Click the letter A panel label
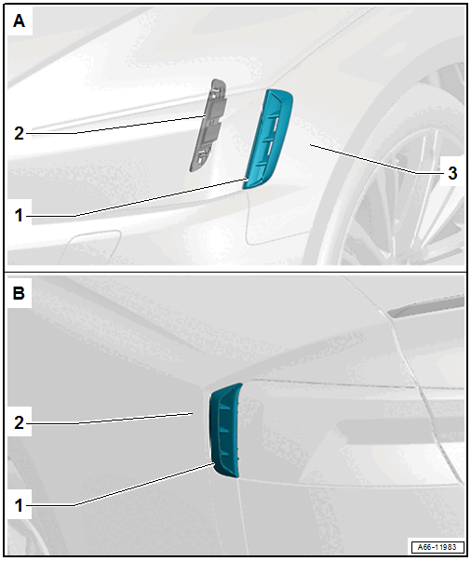click(19, 20)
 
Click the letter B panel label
click(19, 293)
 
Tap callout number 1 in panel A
click(19, 216)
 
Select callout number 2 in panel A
click(19, 133)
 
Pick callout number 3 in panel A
click(452, 173)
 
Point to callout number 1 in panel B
click(19, 505)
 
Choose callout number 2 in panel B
click(19, 423)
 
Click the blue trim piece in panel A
click(268, 140)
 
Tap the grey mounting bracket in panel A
click(208, 126)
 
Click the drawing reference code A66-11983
click(437, 547)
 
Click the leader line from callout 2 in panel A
click(115, 125)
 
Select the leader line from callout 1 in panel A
click(136, 197)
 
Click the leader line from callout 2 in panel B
click(110, 419)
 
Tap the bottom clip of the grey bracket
click(201, 156)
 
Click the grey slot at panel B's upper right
click(426, 307)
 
